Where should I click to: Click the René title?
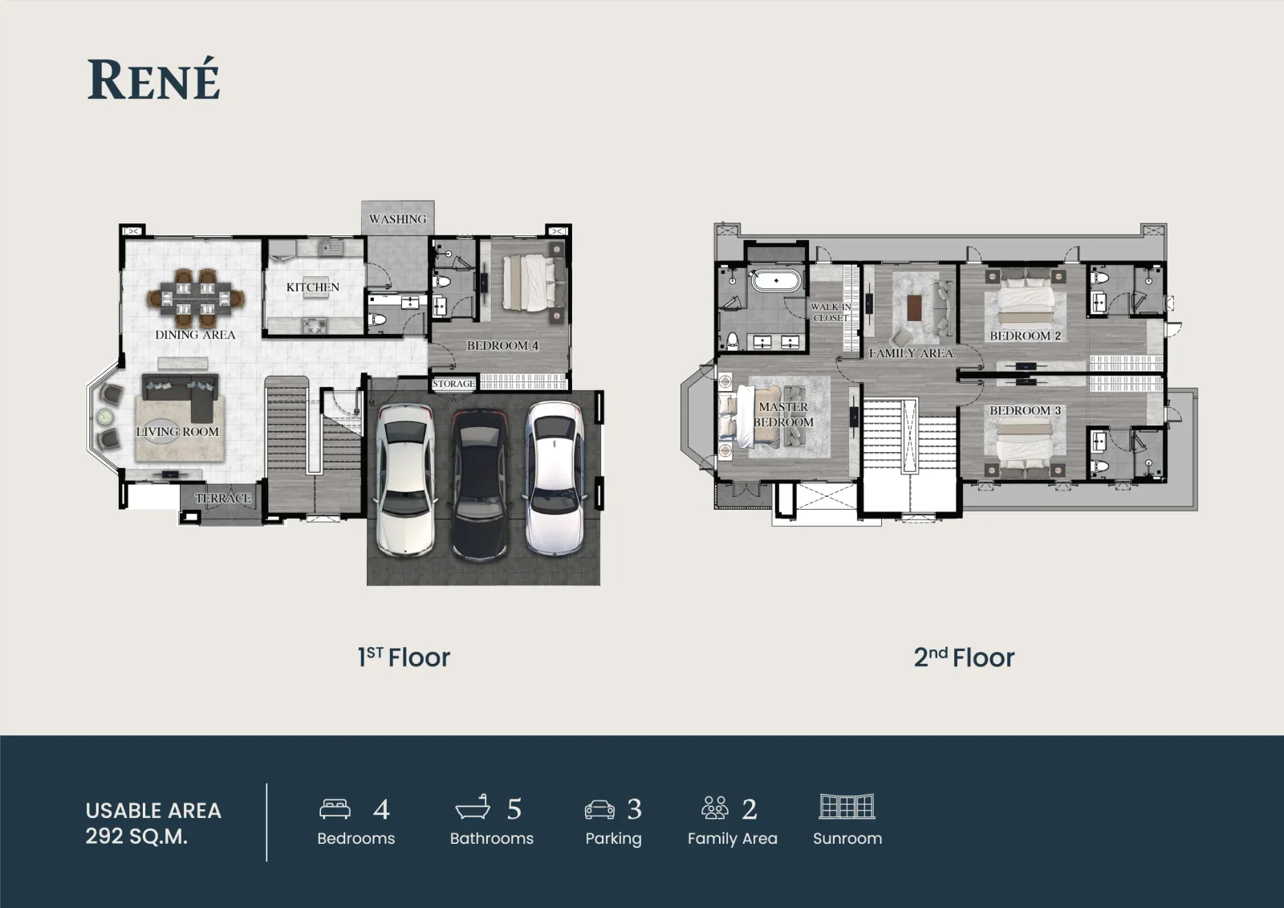pos(153,79)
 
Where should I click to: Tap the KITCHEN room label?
pos(313,287)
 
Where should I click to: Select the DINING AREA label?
pos(196,335)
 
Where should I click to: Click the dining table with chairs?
pos(196,299)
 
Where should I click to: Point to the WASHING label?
pos(398,219)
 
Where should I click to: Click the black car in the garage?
pos(480,483)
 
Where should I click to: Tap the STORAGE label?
pos(453,384)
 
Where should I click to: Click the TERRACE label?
pos(223,498)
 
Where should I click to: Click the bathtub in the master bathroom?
pos(776,281)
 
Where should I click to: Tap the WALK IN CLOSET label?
pos(831,312)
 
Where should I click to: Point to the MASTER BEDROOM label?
pos(783,414)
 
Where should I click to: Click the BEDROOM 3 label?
pos(1025,411)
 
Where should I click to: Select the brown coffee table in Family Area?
pos(914,307)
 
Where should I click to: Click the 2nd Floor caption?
pos(964,658)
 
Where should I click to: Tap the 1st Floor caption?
pos(404,658)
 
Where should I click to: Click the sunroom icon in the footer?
pos(847,807)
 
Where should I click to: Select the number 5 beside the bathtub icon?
pos(514,809)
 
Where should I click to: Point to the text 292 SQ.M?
pos(136,837)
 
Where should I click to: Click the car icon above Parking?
pos(599,808)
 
